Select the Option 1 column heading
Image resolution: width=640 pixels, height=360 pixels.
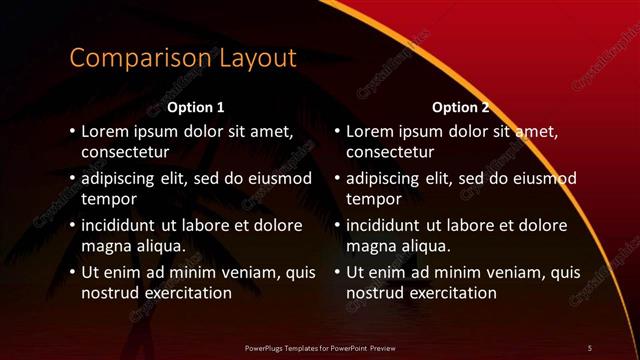(195, 107)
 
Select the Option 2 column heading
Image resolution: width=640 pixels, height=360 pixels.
(460, 107)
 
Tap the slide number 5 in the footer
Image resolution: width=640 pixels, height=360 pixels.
(590, 347)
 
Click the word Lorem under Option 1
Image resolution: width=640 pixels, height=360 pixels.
(107, 132)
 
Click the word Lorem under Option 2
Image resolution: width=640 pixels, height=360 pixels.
(372, 132)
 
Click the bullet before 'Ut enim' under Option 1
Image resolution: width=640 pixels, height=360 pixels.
(72, 272)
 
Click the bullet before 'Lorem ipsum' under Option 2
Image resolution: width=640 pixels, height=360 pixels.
(337, 132)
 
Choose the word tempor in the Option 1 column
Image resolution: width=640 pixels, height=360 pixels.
(108, 199)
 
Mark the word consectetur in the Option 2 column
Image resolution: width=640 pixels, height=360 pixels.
(390, 153)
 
